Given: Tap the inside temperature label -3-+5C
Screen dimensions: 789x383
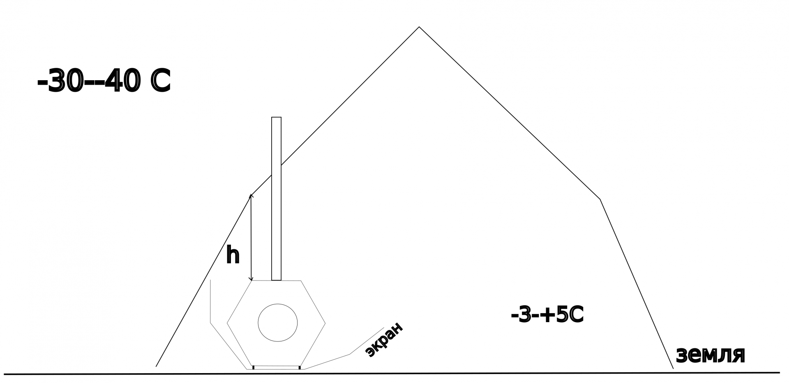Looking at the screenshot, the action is [547, 316].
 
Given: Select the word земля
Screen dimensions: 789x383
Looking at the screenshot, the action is [710, 355].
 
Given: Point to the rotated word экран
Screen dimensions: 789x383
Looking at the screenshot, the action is [384, 340].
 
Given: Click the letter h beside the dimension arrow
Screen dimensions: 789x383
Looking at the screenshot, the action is [233, 255].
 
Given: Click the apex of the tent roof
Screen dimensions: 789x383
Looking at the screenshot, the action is [419, 27].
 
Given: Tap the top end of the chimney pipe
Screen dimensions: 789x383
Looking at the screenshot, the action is [276, 118].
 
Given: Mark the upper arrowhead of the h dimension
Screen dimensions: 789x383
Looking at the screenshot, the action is [251, 195].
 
